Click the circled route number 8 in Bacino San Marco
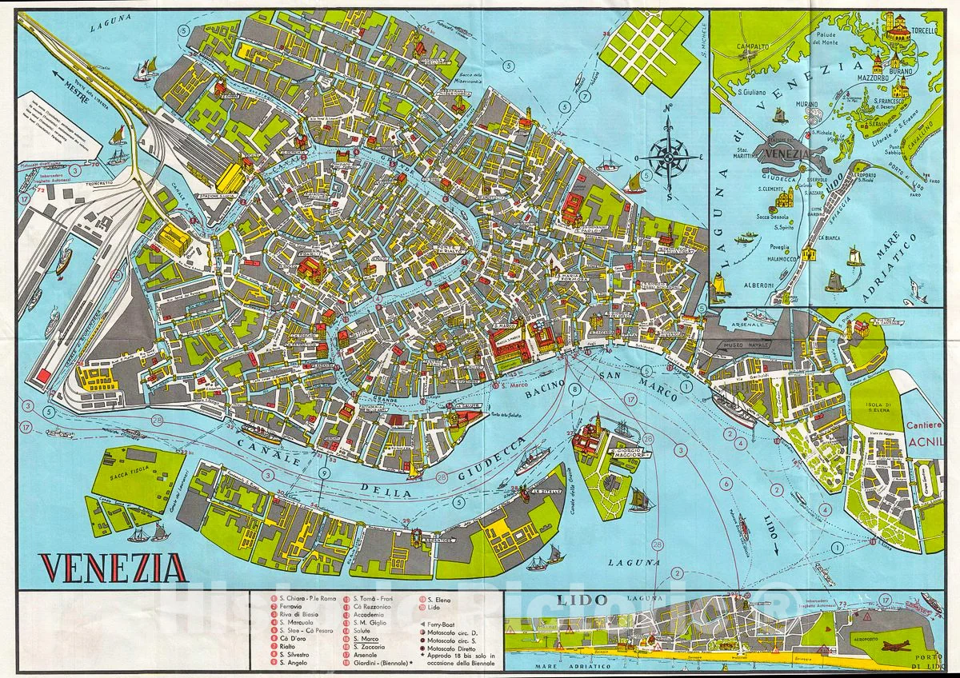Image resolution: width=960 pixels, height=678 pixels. (574, 389)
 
